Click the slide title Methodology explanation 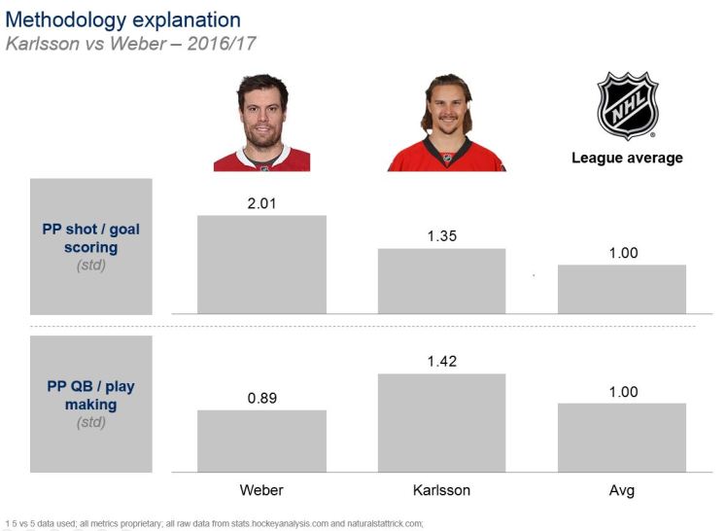[123, 19]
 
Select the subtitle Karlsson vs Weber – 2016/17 [131, 44]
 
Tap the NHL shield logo [627, 104]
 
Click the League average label [627, 158]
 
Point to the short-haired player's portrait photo [261, 124]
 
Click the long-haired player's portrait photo [446, 124]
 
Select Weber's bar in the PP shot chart [261, 264]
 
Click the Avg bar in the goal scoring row [621, 289]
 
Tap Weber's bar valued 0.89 [261, 441]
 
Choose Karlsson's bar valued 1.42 [441, 422]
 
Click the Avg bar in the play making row [621, 437]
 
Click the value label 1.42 [441, 361]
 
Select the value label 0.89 [261, 397]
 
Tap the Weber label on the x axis [261, 490]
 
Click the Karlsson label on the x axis [441, 490]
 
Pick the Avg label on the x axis [621, 490]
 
